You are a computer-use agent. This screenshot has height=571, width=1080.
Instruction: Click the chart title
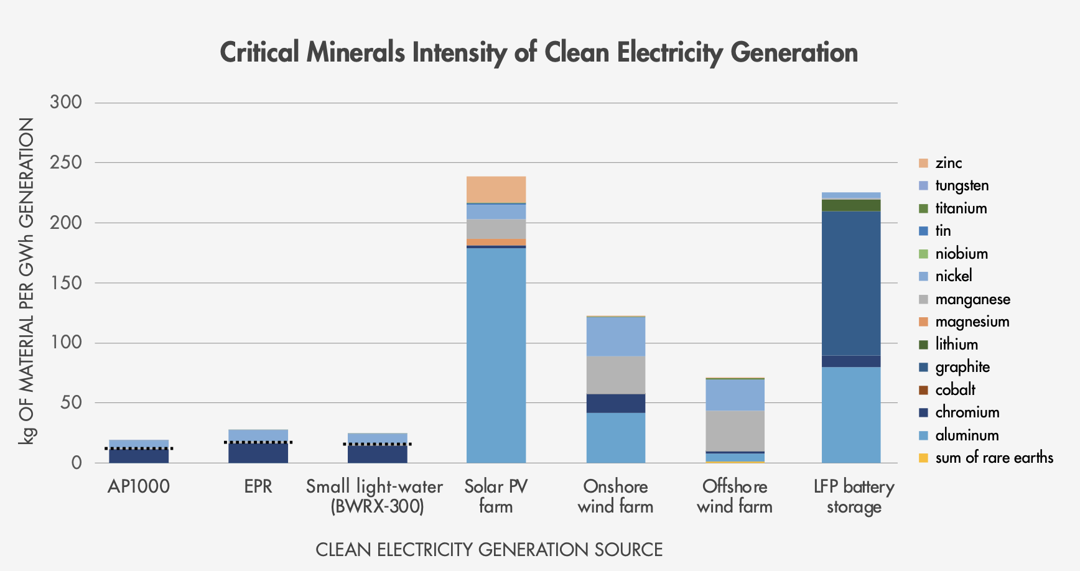(x=539, y=52)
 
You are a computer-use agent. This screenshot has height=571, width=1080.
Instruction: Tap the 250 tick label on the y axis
(x=66, y=162)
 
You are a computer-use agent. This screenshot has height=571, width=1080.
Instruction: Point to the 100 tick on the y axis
(x=66, y=342)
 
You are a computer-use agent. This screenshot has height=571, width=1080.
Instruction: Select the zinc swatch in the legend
(x=923, y=163)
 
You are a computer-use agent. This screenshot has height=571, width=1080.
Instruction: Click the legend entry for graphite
(x=962, y=367)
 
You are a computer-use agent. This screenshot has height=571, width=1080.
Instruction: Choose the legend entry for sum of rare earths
(x=994, y=458)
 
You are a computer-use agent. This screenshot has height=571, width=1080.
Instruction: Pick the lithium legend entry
(x=956, y=344)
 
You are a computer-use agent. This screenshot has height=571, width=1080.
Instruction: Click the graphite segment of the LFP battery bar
(x=850, y=283)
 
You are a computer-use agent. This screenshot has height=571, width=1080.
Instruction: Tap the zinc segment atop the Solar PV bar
(x=496, y=189)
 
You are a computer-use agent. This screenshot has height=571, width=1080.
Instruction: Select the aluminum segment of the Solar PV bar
(x=496, y=355)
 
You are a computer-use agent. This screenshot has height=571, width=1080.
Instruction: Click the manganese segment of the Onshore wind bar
(x=615, y=374)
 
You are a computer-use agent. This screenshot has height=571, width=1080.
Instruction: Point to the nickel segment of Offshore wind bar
(x=735, y=394)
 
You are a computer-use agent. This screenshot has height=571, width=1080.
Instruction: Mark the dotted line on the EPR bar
(x=258, y=442)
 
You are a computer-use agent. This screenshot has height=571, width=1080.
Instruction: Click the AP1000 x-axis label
(x=138, y=486)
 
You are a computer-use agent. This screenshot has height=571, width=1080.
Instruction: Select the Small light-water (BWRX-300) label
(x=375, y=496)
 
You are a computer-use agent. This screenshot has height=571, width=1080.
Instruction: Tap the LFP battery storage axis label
(x=854, y=496)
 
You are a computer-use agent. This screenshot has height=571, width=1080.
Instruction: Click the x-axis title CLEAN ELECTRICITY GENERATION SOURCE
(x=489, y=550)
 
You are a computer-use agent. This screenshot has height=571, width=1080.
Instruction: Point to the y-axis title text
(x=26, y=281)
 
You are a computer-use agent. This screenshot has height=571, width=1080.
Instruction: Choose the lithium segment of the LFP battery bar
(x=850, y=205)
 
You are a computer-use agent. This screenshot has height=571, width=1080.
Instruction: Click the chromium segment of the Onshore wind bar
(x=615, y=403)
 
